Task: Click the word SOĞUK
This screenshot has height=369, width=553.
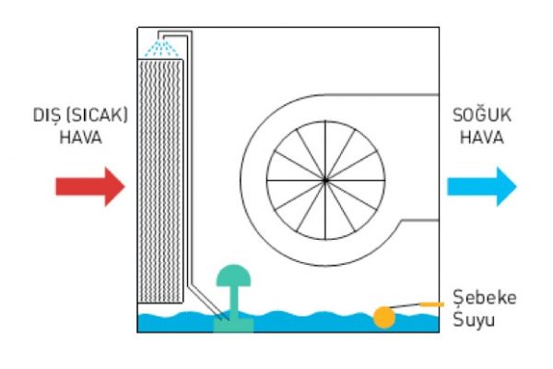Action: pyautogui.click(x=477, y=117)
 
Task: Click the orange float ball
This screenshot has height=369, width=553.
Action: pyautogui.click(x=383, y=316)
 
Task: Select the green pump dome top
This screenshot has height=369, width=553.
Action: pyautogui.click(x=232, y=275)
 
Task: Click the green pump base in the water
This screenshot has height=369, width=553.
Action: pyautogui.click(x=232, y=323)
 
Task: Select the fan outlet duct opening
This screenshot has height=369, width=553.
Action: pyautogui.click(x=435, y=157)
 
